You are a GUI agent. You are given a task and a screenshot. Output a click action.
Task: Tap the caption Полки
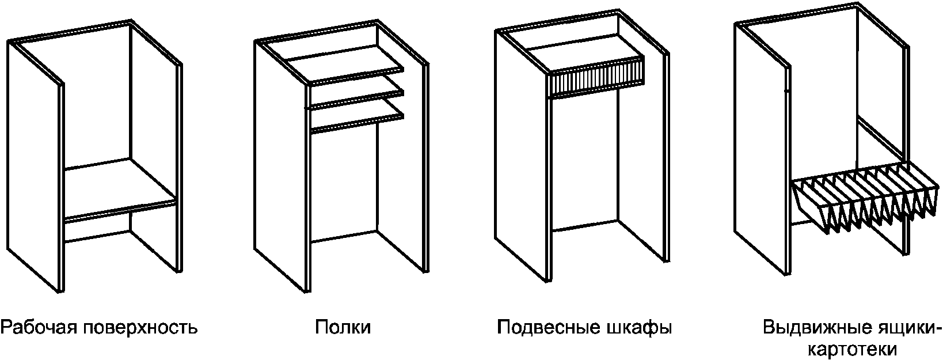pyautogui.click(x=343, y=327)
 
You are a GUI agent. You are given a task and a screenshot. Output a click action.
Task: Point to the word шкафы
pyautogui.click(x=636, y=328)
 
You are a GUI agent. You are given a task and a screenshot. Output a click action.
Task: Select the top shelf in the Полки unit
pyautogui.click(x=345, y=65)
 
